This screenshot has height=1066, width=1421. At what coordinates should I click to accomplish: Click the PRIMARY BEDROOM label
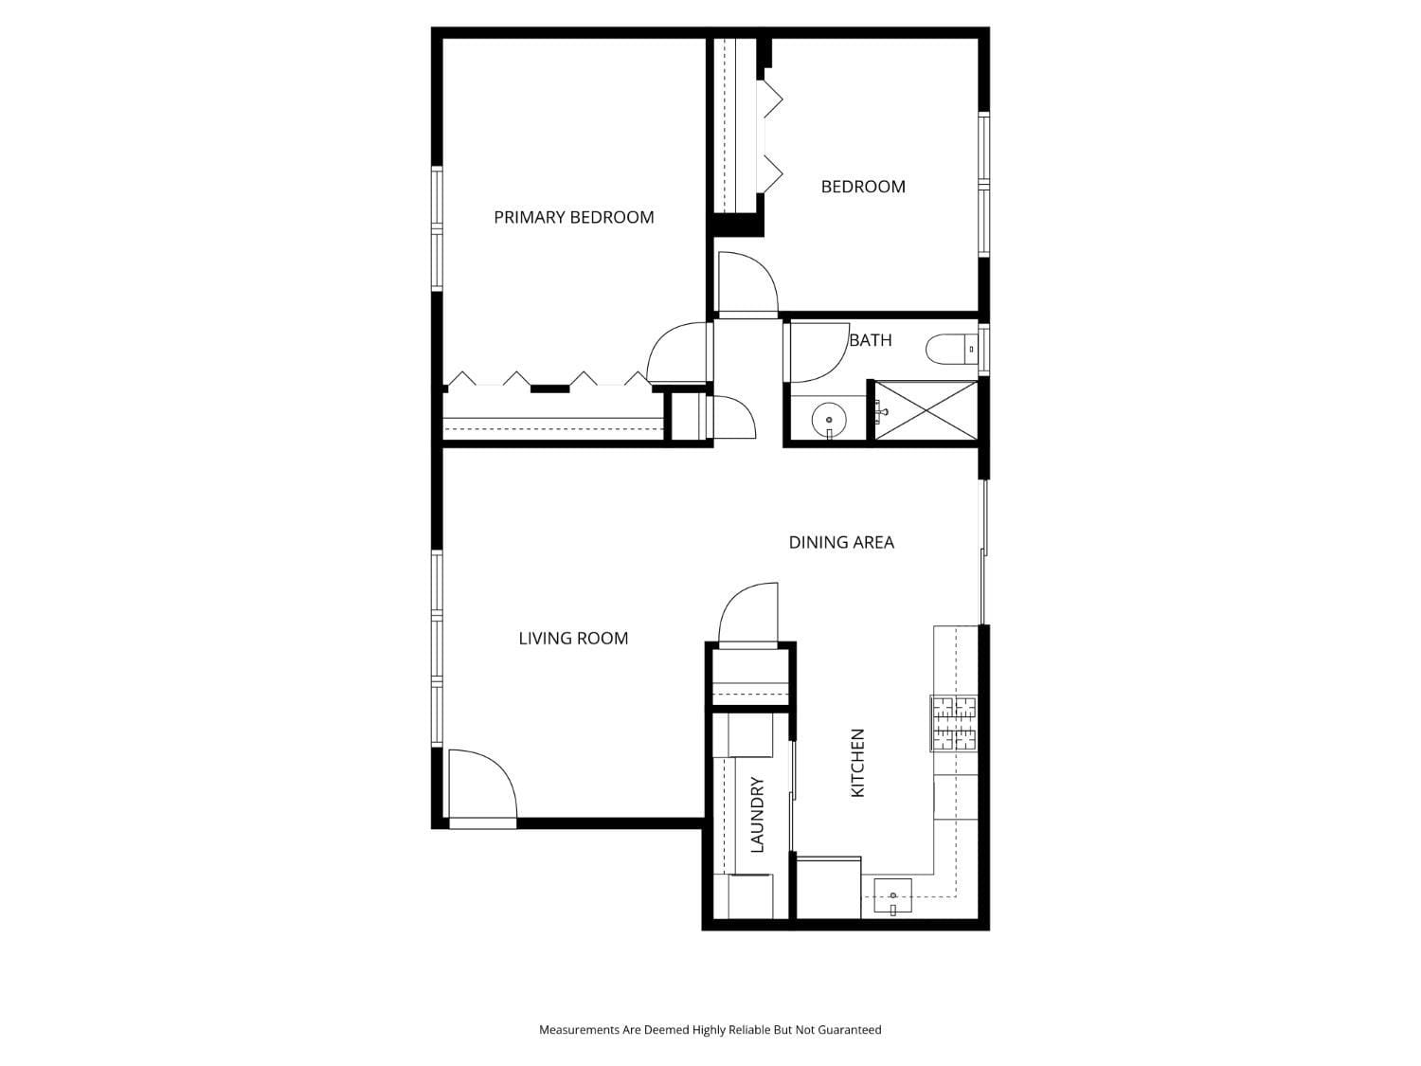pos(573,217)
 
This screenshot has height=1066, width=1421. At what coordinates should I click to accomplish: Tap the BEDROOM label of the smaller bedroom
pos(862,187)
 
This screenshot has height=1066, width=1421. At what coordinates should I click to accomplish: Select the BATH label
pos(870,340)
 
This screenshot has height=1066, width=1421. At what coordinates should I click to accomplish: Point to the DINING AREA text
pos(841,542)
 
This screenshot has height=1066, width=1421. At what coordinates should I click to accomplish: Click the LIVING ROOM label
pos(573,639)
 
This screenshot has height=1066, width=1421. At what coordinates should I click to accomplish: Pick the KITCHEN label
pos(857,763)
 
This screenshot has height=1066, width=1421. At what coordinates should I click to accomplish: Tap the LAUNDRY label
pos(757,815)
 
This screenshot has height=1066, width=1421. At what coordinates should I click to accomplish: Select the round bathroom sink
pos(829,419)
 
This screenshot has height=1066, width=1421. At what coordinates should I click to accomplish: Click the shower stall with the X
pos(925,411)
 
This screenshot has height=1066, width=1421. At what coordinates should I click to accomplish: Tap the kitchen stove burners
pos(953,723)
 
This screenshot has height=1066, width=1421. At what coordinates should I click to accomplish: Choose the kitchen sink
pos(891,895)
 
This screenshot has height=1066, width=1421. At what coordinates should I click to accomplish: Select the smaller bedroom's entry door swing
pos(747,282)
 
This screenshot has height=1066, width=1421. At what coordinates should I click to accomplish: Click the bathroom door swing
pos(817,352)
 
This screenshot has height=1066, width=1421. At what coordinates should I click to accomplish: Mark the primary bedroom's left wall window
pos(437,227)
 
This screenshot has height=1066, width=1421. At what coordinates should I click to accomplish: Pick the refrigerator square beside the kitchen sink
pos(828,888)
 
